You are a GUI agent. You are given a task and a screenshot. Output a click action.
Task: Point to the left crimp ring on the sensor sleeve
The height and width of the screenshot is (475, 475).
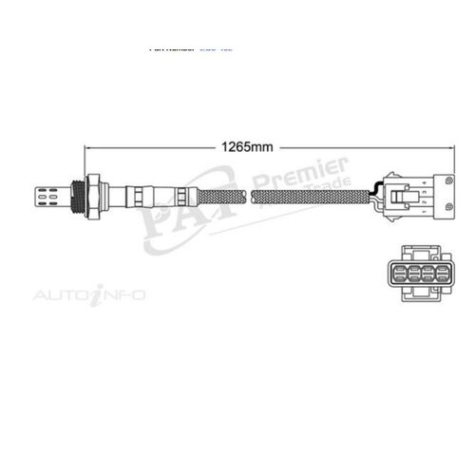pyautogui.click(x=138, y=197)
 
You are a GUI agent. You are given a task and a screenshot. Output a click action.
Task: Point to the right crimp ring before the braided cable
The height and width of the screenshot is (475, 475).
pyautogui.click(x=179, y=197)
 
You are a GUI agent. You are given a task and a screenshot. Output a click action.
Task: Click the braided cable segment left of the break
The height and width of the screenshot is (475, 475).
pyautogui.click(x=218, y=197)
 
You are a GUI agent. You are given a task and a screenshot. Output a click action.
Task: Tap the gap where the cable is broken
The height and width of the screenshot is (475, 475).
pyautogui.click(x=253, y=197)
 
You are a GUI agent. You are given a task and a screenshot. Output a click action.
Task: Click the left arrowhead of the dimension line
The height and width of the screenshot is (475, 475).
pyautogui.click(x=88, y=148)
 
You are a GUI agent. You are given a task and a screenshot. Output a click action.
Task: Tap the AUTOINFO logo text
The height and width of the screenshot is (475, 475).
pyautogui.click(x=90, y=295)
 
